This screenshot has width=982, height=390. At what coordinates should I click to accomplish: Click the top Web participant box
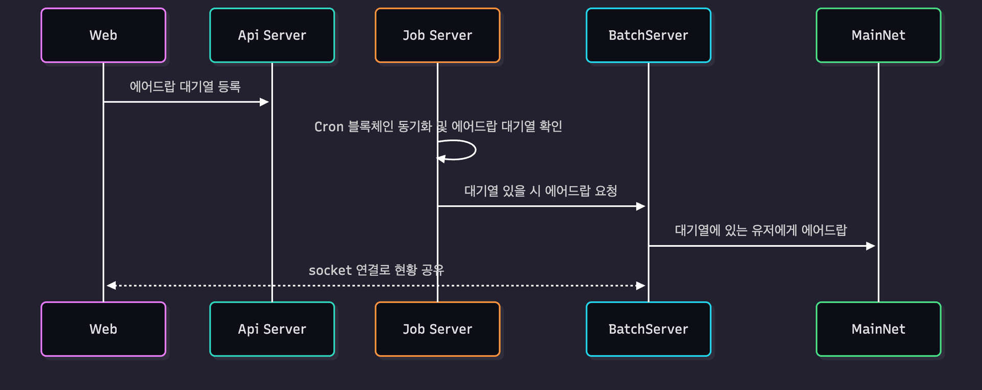click(103, 35)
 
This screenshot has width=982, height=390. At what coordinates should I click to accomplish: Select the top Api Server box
click(272, 35)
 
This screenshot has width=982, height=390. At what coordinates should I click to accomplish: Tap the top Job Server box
click(437, 35)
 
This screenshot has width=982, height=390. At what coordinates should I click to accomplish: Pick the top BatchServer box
click(648, 35)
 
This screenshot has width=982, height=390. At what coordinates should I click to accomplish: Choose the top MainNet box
click(878, 35)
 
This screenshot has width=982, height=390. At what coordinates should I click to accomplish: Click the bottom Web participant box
click(103, 329)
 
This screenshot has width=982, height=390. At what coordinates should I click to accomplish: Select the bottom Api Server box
click(272, 329)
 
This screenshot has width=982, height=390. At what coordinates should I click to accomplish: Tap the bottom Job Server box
click(437, 329)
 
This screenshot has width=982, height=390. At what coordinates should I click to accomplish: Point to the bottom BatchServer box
click(648, 329)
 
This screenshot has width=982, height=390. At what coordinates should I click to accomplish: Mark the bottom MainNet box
click(878, 329)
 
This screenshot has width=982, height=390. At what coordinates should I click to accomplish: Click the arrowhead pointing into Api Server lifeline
click(264, 102)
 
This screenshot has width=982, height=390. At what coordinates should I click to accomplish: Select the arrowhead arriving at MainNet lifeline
click(871, 246)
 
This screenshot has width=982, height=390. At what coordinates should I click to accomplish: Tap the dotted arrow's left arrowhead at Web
click(111, 286)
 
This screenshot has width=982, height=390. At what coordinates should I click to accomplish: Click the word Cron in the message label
click(328, 127)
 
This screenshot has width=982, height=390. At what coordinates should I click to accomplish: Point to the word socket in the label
click(330, 270)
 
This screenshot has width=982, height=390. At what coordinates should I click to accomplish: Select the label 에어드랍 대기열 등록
click(185, 86)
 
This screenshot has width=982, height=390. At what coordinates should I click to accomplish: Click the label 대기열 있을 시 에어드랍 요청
click(541, 191)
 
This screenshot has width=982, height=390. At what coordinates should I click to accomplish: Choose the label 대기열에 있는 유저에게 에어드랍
click(761, 230)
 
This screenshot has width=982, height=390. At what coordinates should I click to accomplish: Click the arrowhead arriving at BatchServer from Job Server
click(640, 206)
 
